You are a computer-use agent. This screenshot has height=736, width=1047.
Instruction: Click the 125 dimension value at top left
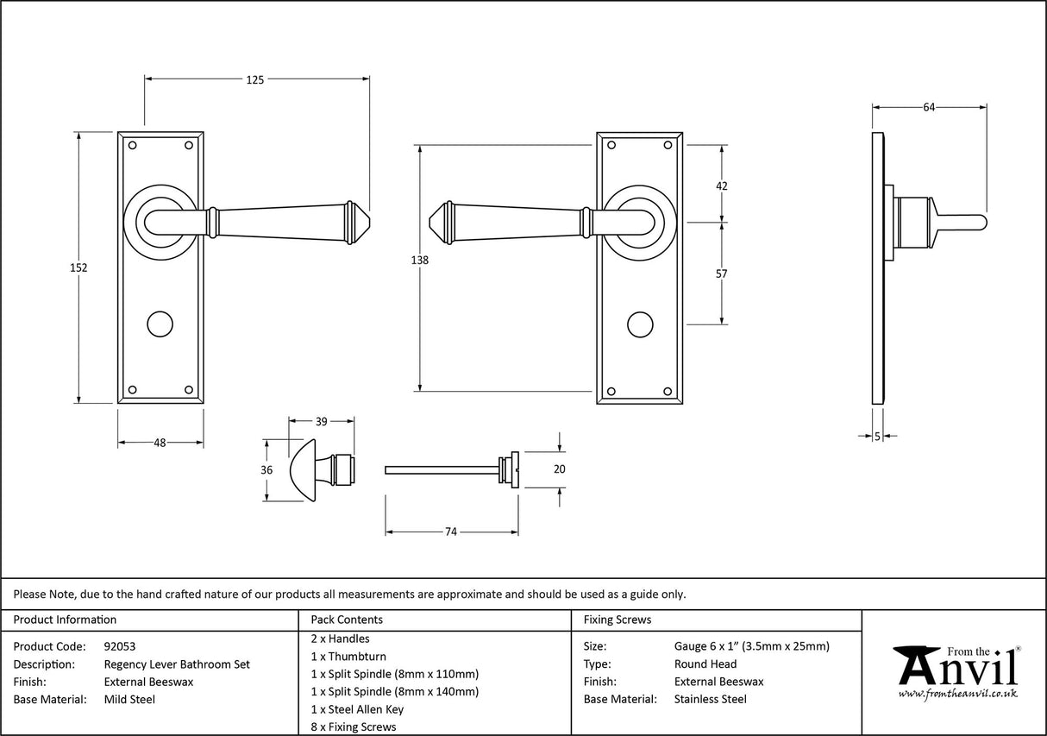(255, 79)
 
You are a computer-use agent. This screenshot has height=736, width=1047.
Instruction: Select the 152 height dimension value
(78, 267)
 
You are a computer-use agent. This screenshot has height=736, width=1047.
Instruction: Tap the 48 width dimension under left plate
(160, 443)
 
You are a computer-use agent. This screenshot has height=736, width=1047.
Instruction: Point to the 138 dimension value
(420, 260)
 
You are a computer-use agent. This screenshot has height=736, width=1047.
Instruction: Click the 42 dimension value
(722, 186)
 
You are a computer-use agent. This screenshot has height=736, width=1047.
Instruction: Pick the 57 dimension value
(722, 274)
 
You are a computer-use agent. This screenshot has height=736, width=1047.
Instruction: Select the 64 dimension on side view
(929, 107)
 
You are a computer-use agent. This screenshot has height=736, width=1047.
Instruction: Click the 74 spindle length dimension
(450, 532)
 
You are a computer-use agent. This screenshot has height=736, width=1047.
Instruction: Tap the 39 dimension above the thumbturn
(321, 422)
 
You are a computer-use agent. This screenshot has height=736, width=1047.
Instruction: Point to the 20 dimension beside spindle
(559, 469)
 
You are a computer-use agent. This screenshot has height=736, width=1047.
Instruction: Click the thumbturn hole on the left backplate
(160, 324)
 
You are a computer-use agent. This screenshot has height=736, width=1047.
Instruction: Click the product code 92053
(120, 646)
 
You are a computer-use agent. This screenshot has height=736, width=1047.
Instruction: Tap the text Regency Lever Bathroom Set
(177, 664)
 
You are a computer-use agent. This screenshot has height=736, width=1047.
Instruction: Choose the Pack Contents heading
(347, 620)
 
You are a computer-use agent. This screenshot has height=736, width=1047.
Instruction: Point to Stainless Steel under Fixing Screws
(711, 699)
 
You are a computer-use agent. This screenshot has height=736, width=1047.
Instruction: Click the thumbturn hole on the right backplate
(639, 324)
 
